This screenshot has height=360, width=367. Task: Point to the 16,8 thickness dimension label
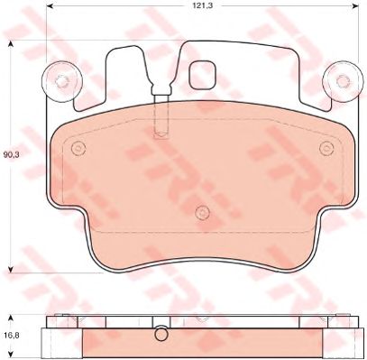(11, 335)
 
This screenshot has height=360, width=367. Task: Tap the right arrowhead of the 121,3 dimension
(355, 5)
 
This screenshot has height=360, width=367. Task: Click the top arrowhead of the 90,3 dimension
(11, 44)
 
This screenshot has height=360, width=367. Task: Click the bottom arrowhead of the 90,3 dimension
(11, 269)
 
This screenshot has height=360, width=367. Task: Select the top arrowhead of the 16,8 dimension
(11, 318)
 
